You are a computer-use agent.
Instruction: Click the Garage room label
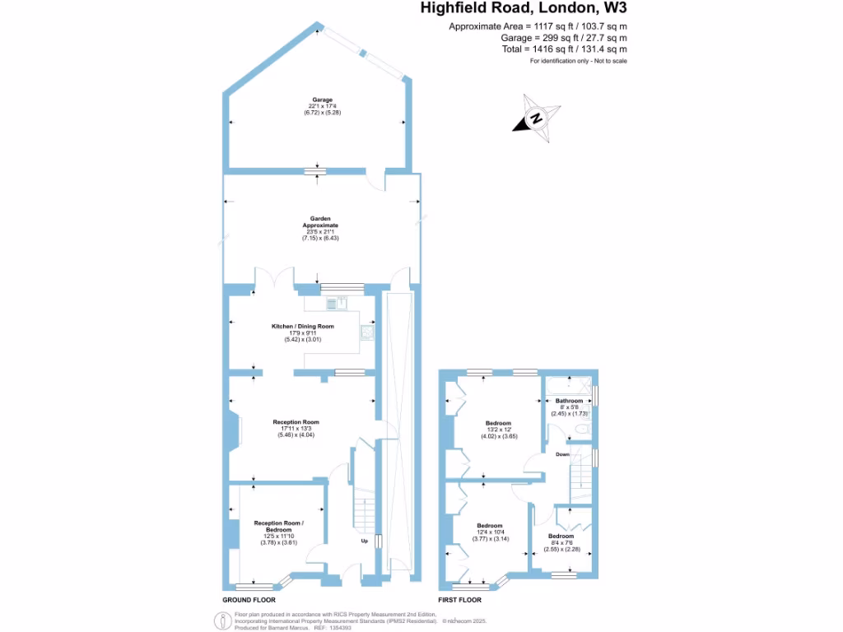click(322, 100)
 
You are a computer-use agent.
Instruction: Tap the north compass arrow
click(537, 118)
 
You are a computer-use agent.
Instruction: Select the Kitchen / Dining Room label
click(303, 327)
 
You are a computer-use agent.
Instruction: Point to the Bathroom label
click(569, 401)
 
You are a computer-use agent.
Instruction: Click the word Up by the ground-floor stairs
click(364, 541)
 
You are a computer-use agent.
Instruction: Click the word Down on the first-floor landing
click(562, 454)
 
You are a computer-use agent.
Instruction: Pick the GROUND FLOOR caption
click(249, 600)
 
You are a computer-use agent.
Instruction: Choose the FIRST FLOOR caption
click(478, 600)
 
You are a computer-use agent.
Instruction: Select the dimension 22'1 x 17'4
click(322, 106)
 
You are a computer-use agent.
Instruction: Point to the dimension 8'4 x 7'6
click(561, 542)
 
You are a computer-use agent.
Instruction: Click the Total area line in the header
click(564, 49)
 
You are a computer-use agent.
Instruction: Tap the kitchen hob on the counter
click(332, 304)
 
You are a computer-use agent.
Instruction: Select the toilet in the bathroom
click(582, 430)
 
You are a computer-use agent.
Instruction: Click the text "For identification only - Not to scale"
click(578, 61)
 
